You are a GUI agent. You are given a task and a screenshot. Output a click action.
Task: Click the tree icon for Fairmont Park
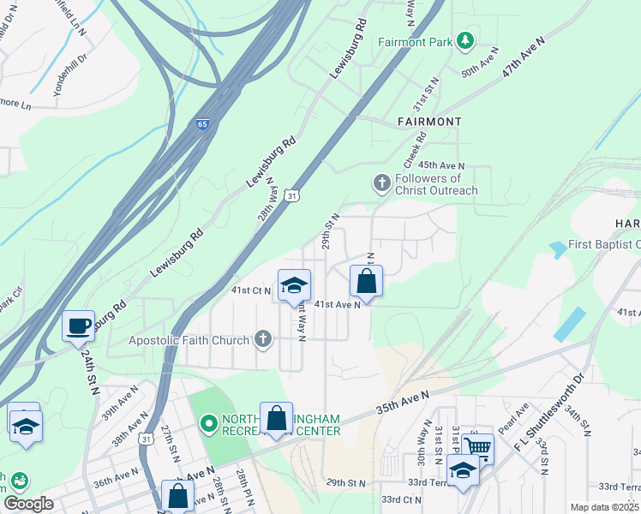(x=465, y=40)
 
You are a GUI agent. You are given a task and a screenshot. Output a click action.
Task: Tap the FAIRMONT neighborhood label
(x=429, y=122)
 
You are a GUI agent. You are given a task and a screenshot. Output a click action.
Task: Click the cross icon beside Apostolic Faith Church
(x=264, y=340)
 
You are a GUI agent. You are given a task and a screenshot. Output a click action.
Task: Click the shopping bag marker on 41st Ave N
(x=366, y=282)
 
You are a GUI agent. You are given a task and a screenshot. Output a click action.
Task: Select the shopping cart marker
(x=477, y=446)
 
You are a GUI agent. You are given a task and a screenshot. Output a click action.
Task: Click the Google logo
(x=28, y=504)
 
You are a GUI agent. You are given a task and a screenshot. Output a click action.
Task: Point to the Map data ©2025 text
(x=604, y=507)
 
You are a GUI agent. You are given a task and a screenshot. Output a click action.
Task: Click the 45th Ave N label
(x=441, y=165)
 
